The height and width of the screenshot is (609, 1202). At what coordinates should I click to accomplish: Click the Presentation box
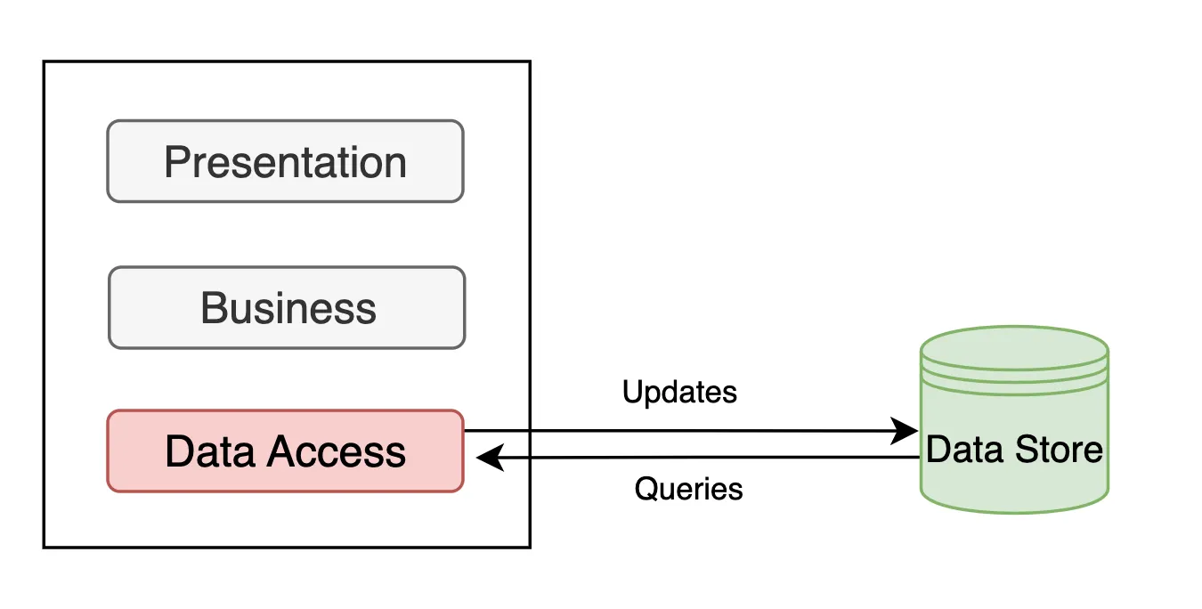point(285,161)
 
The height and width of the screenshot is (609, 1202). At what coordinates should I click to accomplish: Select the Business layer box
point(287,308)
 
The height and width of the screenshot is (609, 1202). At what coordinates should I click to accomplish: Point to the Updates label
point(679,392)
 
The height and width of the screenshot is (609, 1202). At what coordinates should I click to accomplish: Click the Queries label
point(688,489)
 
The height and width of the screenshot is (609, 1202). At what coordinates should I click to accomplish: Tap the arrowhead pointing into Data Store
point(907,432)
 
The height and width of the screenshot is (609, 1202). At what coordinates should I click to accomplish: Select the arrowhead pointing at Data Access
point(488,459)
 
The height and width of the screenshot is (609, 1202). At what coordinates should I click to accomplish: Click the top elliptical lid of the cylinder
point(1014,345)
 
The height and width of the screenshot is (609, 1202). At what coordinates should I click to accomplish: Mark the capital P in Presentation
point(176,162)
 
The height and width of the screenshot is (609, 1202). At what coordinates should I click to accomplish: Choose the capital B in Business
point(213,308)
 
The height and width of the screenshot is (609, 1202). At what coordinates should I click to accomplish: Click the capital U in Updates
point(631,392)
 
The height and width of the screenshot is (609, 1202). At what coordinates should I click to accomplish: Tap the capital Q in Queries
point(645,489)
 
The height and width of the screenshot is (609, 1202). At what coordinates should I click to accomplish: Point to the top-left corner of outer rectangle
point(45,61)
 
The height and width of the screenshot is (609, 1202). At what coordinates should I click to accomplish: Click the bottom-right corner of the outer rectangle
point(530,546)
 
